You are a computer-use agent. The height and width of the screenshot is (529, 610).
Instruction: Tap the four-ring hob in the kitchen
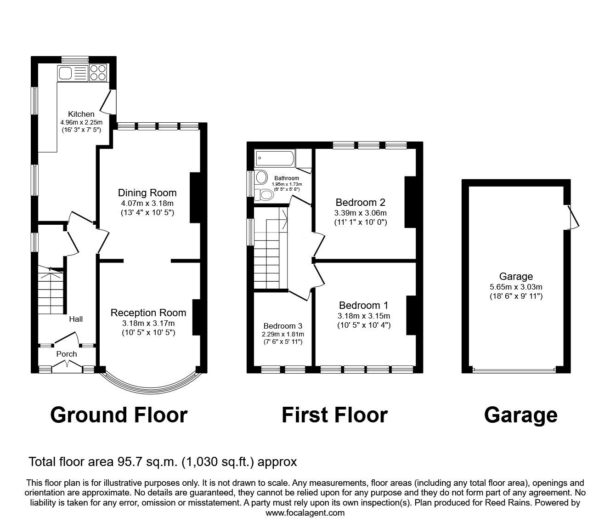(x=98, y=73)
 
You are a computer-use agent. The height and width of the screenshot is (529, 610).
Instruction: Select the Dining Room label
(x=147, y=193)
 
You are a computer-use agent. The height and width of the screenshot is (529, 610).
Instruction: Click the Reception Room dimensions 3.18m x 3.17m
(x=148, y=323)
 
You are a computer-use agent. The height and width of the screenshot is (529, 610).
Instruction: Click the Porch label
(x=67, y=354)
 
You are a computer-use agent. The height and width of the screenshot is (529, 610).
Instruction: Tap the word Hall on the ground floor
(x=76, y=319)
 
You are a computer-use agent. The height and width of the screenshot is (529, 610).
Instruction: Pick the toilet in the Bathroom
(x=264, y=194)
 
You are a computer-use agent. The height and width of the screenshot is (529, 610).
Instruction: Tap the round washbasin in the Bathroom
(x=262, y=177)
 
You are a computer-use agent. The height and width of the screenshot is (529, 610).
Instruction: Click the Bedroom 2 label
(x=360, y=202)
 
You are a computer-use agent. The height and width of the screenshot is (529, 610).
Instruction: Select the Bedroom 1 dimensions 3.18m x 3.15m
(x=363, y=316)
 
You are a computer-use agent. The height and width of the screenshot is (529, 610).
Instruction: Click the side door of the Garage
(x=573, y=216)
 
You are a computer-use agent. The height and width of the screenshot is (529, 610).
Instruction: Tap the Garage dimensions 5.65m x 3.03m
(x=516, y=287)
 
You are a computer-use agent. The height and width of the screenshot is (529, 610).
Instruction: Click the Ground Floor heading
(x=119, y=415)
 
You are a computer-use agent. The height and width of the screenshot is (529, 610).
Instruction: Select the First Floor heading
(x=334, y=415)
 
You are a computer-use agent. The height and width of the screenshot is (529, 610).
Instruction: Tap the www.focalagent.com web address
(x=305, y=512)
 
